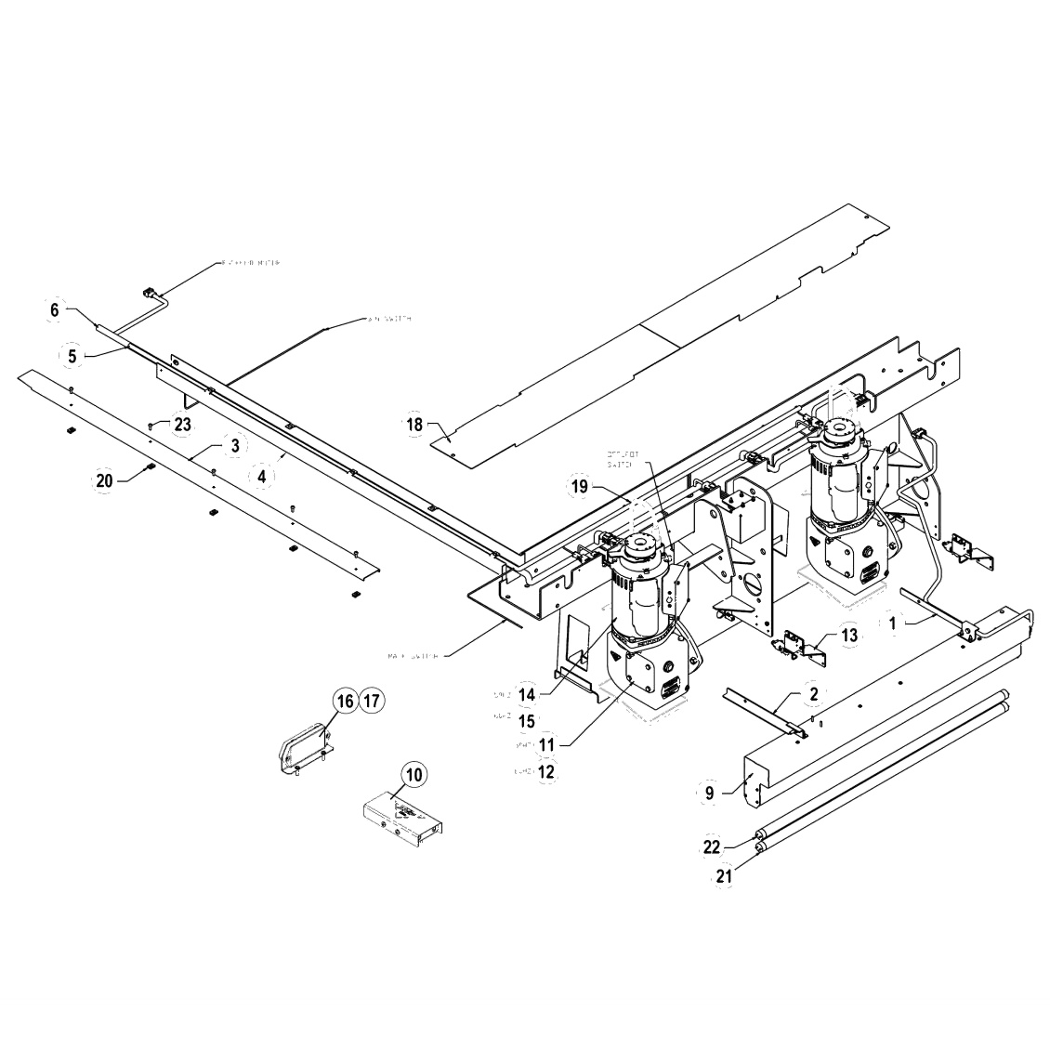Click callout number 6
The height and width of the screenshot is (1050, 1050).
point(54,310)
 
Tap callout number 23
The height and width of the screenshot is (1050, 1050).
point(182,424)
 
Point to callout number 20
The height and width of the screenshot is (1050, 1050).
point(104,479)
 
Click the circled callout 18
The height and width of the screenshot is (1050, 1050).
point(413,424)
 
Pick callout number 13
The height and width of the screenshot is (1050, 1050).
point(849,636)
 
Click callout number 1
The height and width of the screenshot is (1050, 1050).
point(892,624)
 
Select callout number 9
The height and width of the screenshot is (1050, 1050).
point(709,794)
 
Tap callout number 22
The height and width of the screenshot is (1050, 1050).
point(712,847)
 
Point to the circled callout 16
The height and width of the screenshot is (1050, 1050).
point(345,701)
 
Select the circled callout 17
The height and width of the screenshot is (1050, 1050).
point(370,701)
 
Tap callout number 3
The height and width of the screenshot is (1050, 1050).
point(235,446)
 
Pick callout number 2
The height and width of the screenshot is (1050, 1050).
point(812,694)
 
